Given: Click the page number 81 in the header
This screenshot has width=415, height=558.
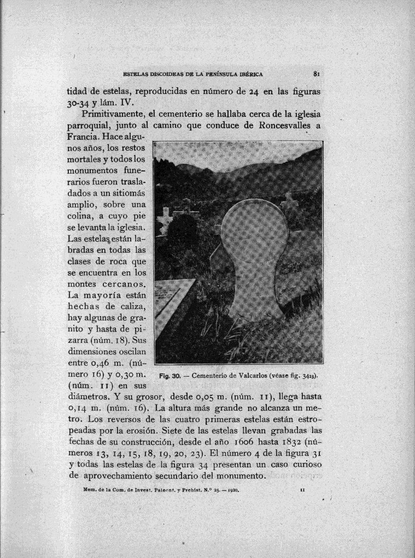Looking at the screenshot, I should coord(317,73).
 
